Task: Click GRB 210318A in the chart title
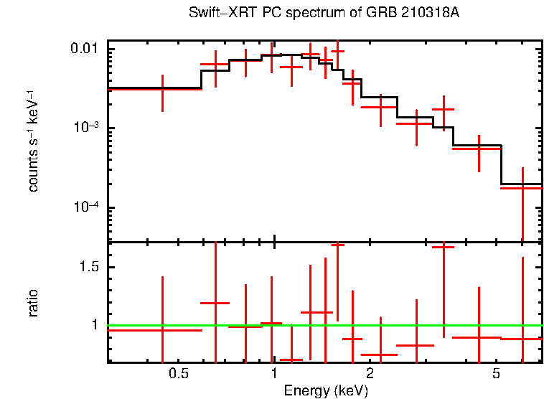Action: click(410, 14)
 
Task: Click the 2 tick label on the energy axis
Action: click(370, 375)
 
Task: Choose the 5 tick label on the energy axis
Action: click(496, 375)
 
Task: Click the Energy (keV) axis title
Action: click(326, 390)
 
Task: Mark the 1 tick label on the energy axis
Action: click(274, 375)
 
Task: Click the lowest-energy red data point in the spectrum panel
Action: click(163, 89)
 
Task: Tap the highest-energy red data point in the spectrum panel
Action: click(522, 188)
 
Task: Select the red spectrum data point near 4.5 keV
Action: click(479, 148)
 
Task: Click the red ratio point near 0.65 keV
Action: click(215, 303)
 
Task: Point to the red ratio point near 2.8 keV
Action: click(416, 345)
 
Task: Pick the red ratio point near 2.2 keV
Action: click(380, 355)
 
